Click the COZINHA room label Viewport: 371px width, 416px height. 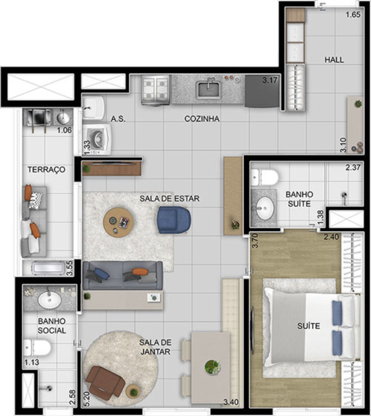(x=202, y=119)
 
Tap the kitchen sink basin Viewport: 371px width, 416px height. (x=209, y=90)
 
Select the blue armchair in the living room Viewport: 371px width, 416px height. (x=173, y=220)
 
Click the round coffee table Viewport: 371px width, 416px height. (x=118, y=222)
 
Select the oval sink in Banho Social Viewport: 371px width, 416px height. (x=49, y=300)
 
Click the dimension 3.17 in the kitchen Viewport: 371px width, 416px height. (x=270, y=80)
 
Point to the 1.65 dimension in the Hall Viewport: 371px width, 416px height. (x=353, y=15)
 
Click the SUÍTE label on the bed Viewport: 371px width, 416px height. (x=308, y=326)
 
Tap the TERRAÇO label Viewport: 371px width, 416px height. (x=46, y=170)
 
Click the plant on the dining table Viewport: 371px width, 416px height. (x=213, y=367)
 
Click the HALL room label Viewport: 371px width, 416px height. (x=334, y=60)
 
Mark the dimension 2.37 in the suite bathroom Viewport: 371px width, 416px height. (x=353, y=168)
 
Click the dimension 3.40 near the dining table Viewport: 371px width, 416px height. (x=231, y=402)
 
